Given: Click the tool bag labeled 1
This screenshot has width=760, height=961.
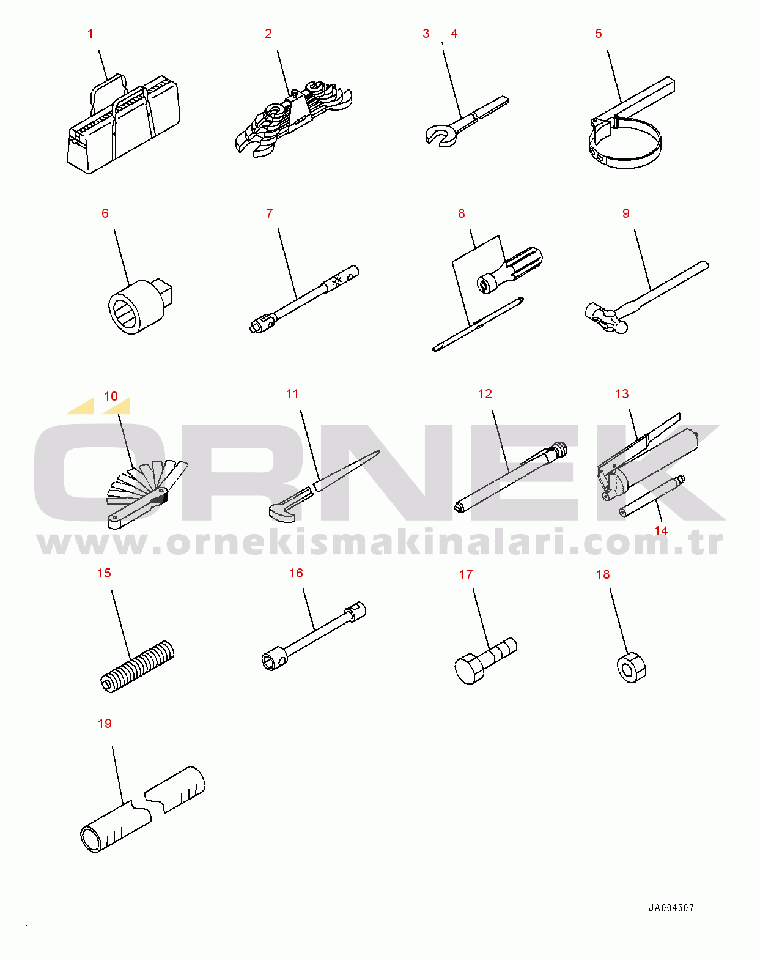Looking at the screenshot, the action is (124, 125).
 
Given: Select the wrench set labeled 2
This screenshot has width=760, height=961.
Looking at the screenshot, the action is (294, 118).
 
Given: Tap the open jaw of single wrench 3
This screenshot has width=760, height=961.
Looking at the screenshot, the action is (439, 135).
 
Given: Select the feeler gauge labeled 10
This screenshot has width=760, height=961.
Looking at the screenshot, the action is (147, 494).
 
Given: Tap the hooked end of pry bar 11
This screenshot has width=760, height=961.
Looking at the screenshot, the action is (282, 513).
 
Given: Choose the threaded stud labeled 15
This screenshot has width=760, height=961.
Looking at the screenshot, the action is (136, 666).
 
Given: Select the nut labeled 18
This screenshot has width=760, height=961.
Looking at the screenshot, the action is (631, 667).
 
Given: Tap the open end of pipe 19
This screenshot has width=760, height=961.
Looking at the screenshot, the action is (92, 839).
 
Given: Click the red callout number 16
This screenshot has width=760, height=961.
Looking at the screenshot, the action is (295, 573).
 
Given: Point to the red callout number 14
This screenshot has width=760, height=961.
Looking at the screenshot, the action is (661, 530).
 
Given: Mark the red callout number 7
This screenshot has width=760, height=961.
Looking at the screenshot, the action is (269, 213).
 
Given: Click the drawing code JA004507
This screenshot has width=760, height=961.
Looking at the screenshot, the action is (671, 908).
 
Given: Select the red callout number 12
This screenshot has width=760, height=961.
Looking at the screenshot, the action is (485, 394).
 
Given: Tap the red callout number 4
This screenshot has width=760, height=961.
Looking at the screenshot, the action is (454, 34).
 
